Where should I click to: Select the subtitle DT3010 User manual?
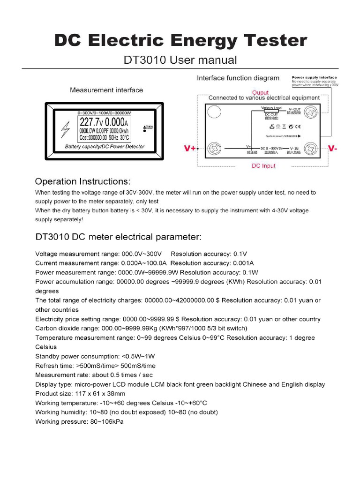[180, 60]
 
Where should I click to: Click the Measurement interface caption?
[106, 90]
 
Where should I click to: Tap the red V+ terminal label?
[190, 148]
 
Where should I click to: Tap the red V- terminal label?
[333, 148]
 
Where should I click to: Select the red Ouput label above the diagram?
[261, 92]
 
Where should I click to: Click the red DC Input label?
[263, 166]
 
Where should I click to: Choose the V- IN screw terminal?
[310, 148]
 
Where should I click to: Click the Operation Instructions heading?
[83, 181]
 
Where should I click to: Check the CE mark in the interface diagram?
[298, 127]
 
